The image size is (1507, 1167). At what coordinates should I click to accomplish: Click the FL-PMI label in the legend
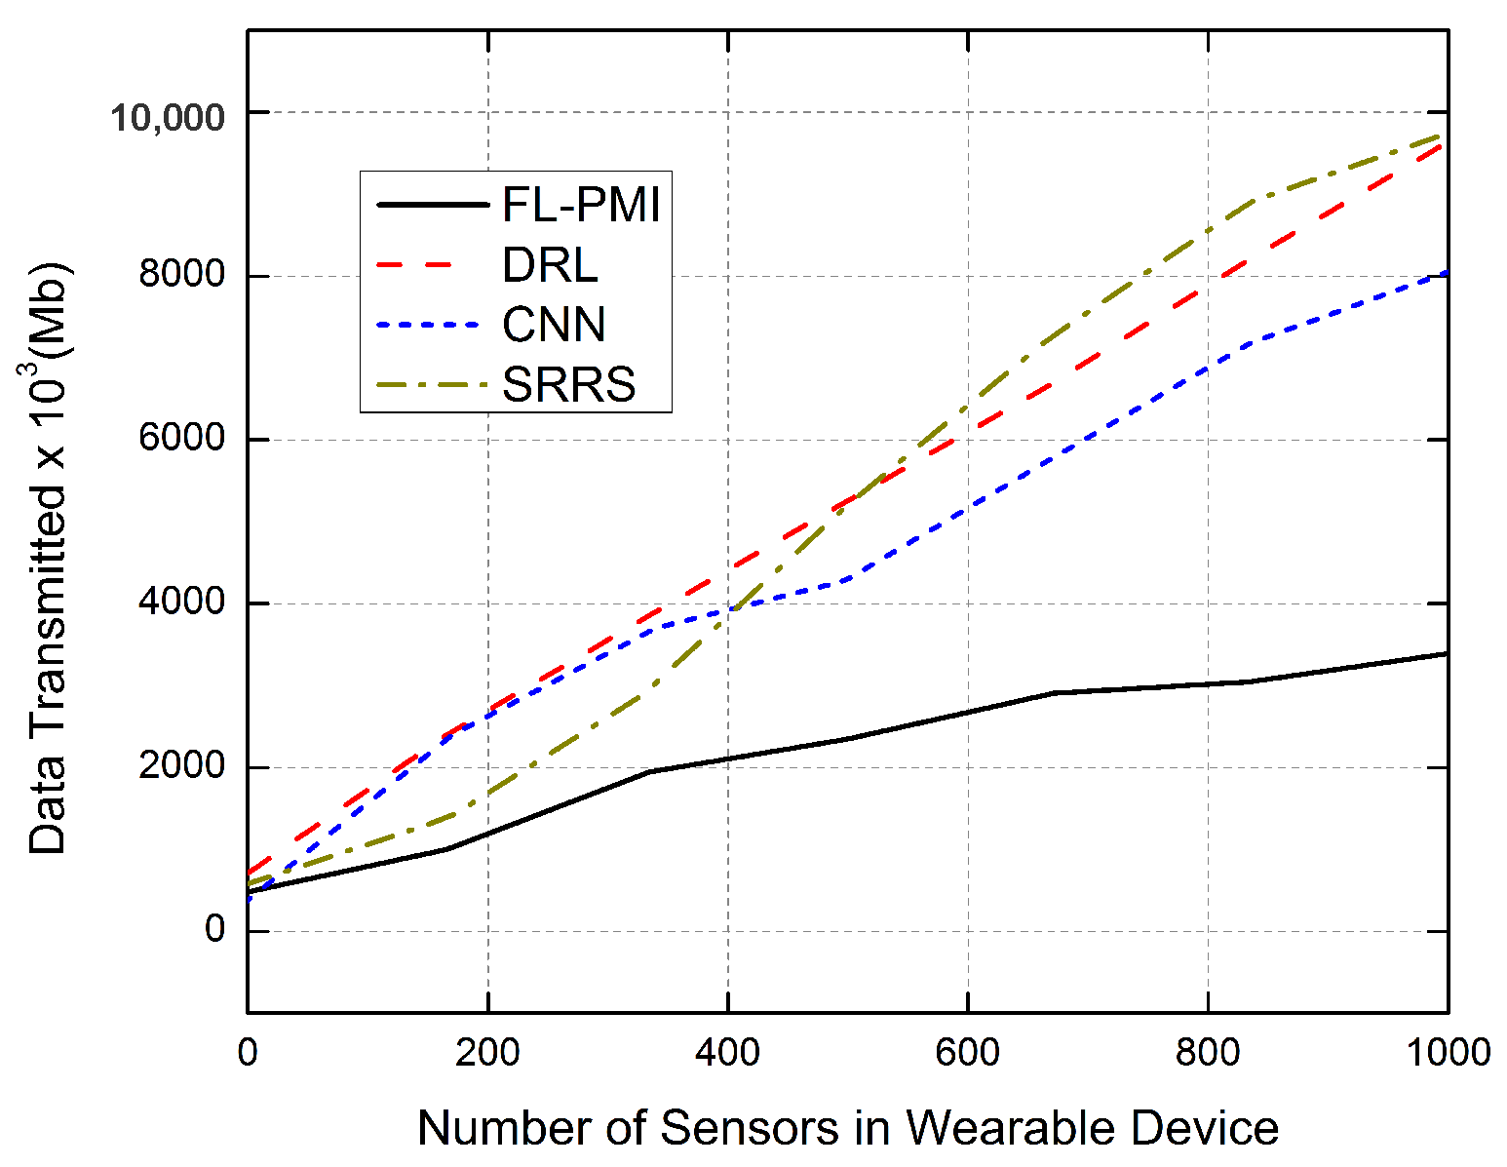[581, 206]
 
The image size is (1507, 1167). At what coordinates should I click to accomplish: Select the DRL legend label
[550, 265]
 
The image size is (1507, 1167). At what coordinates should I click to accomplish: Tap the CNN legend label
[554, 325]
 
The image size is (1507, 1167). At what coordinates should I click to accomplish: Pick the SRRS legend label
[568, 384]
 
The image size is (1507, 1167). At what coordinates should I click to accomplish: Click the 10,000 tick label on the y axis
[167, 117]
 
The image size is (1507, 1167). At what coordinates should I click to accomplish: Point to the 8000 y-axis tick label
[182, 276]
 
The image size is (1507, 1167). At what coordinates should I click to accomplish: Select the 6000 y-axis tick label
[182, 440]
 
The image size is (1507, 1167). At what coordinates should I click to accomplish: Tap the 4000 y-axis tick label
[182, 603]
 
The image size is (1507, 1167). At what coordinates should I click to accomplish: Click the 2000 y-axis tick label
[182, 767]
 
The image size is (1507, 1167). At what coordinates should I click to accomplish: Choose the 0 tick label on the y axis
[214, 930]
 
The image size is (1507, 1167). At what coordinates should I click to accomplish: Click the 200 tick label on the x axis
[487, 1053]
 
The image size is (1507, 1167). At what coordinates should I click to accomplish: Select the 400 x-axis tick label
[727, 1053]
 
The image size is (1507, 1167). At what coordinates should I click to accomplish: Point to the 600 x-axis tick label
[967, 1053]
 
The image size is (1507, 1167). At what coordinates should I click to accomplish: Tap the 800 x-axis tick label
[1207, 1053]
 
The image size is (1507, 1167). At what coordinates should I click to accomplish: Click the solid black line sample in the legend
[431, 206]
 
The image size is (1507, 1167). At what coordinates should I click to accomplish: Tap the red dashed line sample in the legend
[431, 265]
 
